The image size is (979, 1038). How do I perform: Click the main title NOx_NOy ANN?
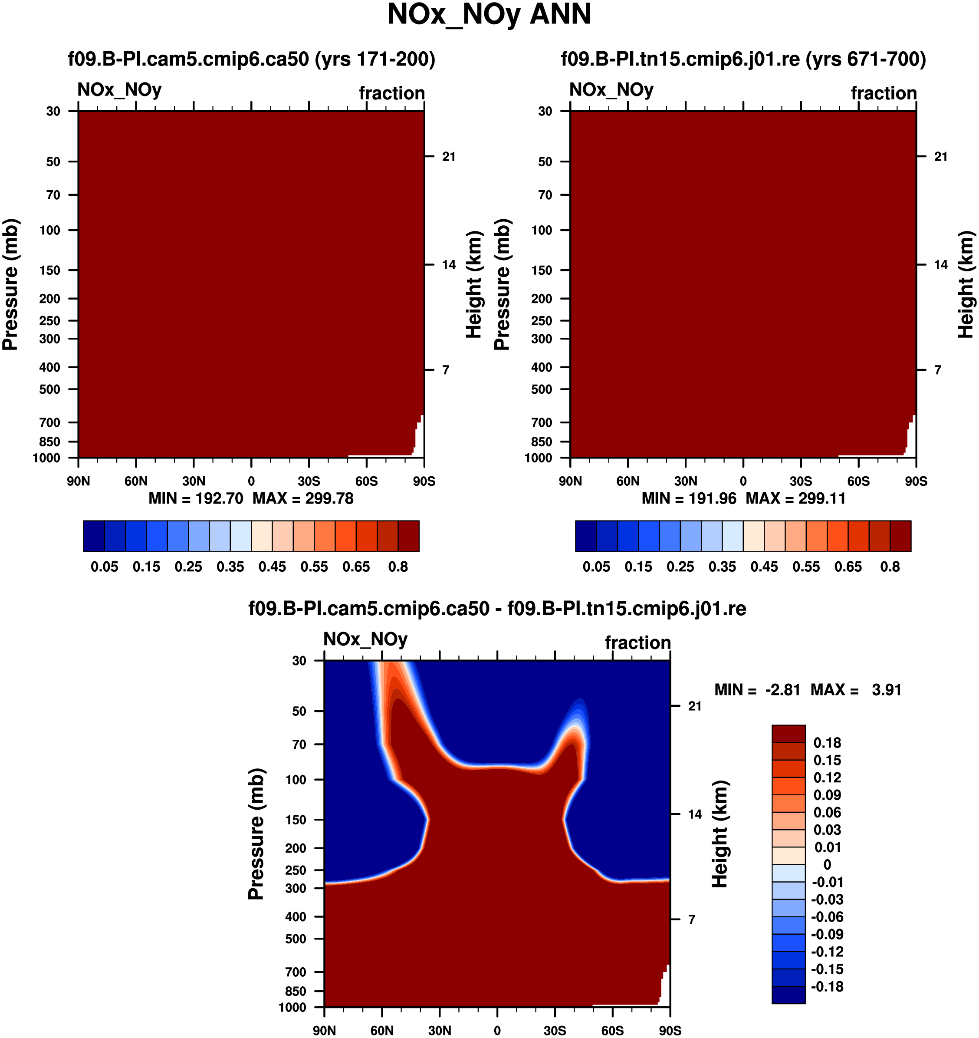(489, 15)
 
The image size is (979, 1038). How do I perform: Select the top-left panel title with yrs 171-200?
(252, 59)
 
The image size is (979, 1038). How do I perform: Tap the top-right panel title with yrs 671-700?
(743, 59)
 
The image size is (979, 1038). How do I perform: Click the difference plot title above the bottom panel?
(497, 608)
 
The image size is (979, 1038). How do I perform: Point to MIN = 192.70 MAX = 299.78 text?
(251, 499)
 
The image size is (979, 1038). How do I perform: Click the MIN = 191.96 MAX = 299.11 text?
(743, 499)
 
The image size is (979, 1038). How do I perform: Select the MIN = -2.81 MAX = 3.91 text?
(807, 690)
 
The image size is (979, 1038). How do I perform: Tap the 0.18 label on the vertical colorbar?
(827, 743)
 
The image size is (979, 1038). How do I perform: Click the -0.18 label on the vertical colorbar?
(827, 987)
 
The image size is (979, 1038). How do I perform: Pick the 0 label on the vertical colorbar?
(827, 865)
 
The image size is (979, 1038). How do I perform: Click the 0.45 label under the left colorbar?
(272, 567)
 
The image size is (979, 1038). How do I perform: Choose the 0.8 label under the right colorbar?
(890, 567)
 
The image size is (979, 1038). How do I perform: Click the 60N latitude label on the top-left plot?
(136, 481)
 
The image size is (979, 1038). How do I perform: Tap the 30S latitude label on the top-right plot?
(801, 481)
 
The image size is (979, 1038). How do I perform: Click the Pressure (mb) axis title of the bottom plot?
(256, 834)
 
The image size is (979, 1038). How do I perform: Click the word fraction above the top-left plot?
(392, 93)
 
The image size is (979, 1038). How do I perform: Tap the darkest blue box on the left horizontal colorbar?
(94, 536)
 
